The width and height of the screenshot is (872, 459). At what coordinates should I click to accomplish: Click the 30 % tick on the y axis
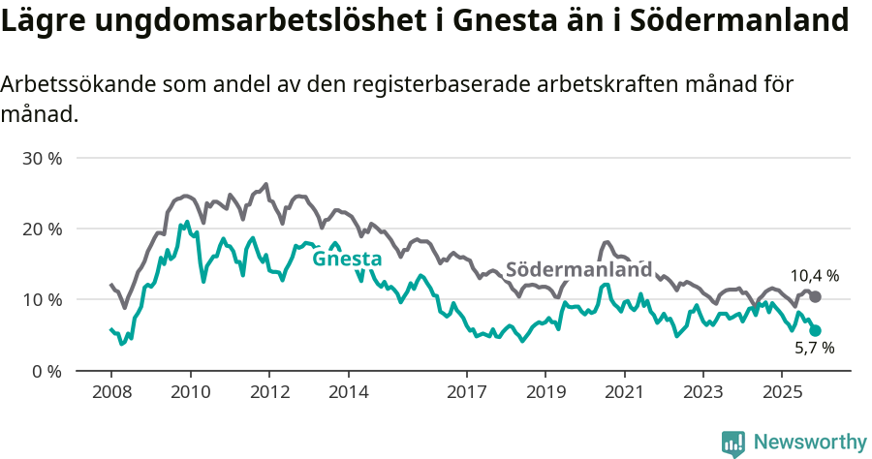point(42,158)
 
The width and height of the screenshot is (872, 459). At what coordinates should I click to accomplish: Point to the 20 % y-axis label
point(42,229)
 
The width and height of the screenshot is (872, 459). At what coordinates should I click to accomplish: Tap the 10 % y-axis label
point(42,300)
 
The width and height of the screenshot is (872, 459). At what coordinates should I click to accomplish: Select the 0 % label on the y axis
point(47,371)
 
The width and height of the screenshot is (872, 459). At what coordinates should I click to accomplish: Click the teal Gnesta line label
point(347,259)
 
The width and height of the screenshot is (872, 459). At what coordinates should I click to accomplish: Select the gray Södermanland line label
point(578,269)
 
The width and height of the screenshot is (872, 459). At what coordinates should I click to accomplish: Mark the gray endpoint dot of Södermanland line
point(815,296)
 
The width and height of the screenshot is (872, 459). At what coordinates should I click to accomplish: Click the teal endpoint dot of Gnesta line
point(815,330)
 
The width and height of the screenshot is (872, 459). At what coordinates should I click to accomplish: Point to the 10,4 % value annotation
point(814,276)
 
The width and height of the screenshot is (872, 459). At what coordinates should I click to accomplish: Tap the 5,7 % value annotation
point(814,349)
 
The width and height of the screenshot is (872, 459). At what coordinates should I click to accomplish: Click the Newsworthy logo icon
point(733,443)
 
